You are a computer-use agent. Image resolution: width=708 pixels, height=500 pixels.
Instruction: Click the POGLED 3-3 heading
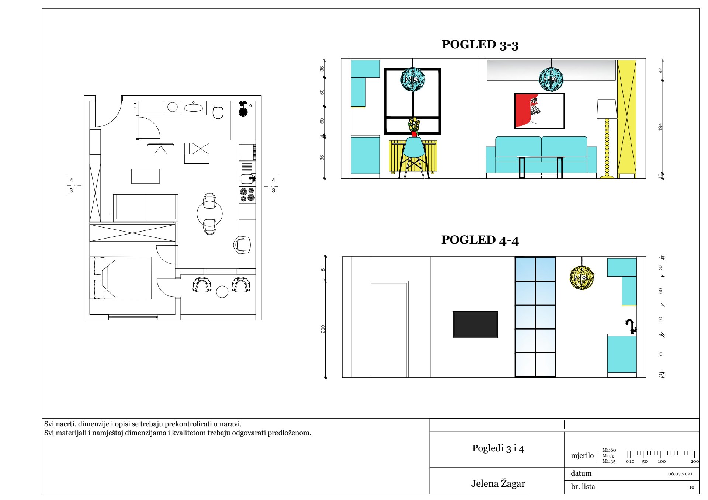point(480,45)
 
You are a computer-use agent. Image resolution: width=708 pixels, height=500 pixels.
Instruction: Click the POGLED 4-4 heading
point(480,240)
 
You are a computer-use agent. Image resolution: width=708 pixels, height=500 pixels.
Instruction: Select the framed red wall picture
point(539,111)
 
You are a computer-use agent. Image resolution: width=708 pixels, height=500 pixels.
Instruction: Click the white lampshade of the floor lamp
point(607,109)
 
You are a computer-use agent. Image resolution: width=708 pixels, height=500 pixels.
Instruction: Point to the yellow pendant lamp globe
point(582,278)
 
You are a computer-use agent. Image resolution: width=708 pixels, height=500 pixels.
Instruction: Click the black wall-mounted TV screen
point(475,324)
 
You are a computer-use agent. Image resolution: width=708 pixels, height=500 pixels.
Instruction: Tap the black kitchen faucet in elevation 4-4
point(631,326)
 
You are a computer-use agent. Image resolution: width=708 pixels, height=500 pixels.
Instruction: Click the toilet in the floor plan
point(218,112)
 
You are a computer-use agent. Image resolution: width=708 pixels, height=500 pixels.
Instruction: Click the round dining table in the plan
point(209,213)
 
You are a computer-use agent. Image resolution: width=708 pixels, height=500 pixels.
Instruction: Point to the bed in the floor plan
point(121,278)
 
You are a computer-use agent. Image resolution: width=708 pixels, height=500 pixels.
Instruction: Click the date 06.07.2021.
point(681,474)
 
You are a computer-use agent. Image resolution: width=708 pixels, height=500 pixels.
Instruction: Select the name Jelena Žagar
point(498,483)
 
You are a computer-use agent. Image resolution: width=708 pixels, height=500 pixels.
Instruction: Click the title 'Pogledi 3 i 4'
point(498,448)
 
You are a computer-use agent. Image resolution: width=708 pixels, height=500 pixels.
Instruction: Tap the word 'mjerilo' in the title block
point(582,456)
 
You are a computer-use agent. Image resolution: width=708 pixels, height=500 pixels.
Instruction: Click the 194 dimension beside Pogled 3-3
point(660,127)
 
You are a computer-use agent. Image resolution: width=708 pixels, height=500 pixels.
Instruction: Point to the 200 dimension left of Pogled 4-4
point(323,329)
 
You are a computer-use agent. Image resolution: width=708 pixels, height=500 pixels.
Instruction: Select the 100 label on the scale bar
point(662,461)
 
